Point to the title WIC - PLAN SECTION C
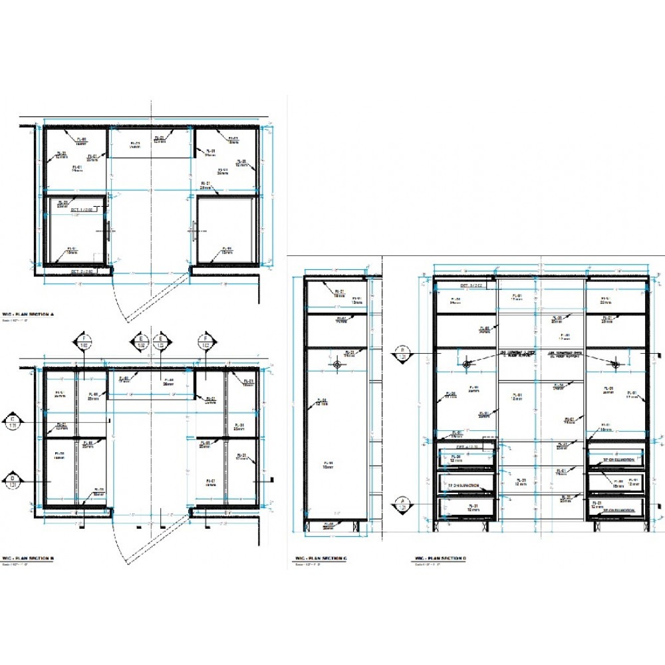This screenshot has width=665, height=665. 317,559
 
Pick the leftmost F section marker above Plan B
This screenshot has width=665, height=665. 84,342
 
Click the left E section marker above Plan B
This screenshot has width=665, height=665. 141,342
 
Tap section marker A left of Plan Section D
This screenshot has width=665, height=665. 402,503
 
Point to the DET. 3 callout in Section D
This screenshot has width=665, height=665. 473,285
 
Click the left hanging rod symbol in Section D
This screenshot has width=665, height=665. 466,363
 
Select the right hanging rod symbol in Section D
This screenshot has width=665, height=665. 614,363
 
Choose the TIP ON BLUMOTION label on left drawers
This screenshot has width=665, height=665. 464,486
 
